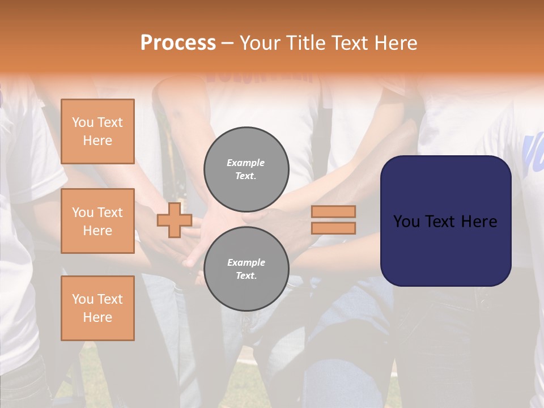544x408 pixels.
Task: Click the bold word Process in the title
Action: [x=178, y=43]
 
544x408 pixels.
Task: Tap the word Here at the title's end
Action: [x=395, y=43]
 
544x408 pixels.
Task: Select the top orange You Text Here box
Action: [x=97, y=131]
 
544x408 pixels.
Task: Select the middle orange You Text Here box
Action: [x=97, y=221]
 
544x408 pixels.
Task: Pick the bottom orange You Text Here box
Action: [x=97, y=308]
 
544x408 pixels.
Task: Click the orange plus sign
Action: [x=175, y=220]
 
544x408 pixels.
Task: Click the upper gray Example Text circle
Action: [x=246, y=169]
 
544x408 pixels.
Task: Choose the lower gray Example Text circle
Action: [x=246, y=269]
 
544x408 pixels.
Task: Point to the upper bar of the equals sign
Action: [x=334, y=211]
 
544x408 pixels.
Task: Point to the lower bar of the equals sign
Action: [x=334, y=228]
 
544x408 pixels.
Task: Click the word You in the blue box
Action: [x=407, y=222]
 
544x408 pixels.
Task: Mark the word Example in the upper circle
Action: [x=246, y=163]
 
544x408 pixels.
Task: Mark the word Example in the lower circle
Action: [x=246, y=262]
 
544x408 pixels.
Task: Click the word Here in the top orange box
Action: [x=97, y=141]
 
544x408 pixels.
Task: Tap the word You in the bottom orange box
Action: [x=83, y=299]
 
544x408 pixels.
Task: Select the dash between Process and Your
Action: [x=228, y=43]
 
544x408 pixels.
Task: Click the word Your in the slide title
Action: [x=261, y=43]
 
